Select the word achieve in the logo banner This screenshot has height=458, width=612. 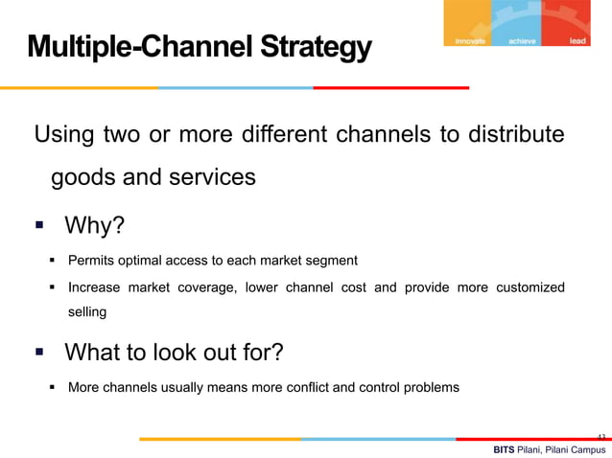pyautogui.click(x=523, y=42)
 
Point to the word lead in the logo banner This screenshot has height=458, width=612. pyautogui.click(x=577, y=42)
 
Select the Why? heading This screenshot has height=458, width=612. pyautogui.click(x=94, y=226)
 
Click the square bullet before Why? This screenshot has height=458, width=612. pyautogui.click(x=40, y=227)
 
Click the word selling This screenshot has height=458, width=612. pyautogui.click(x=87, y=311)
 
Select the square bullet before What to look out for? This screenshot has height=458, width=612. pyautogui.click(x=40, y=353)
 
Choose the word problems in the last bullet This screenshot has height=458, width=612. pyautogui.click(x=429, y=388)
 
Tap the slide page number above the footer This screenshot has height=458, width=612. pyautogui.click(x=600, y=437)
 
